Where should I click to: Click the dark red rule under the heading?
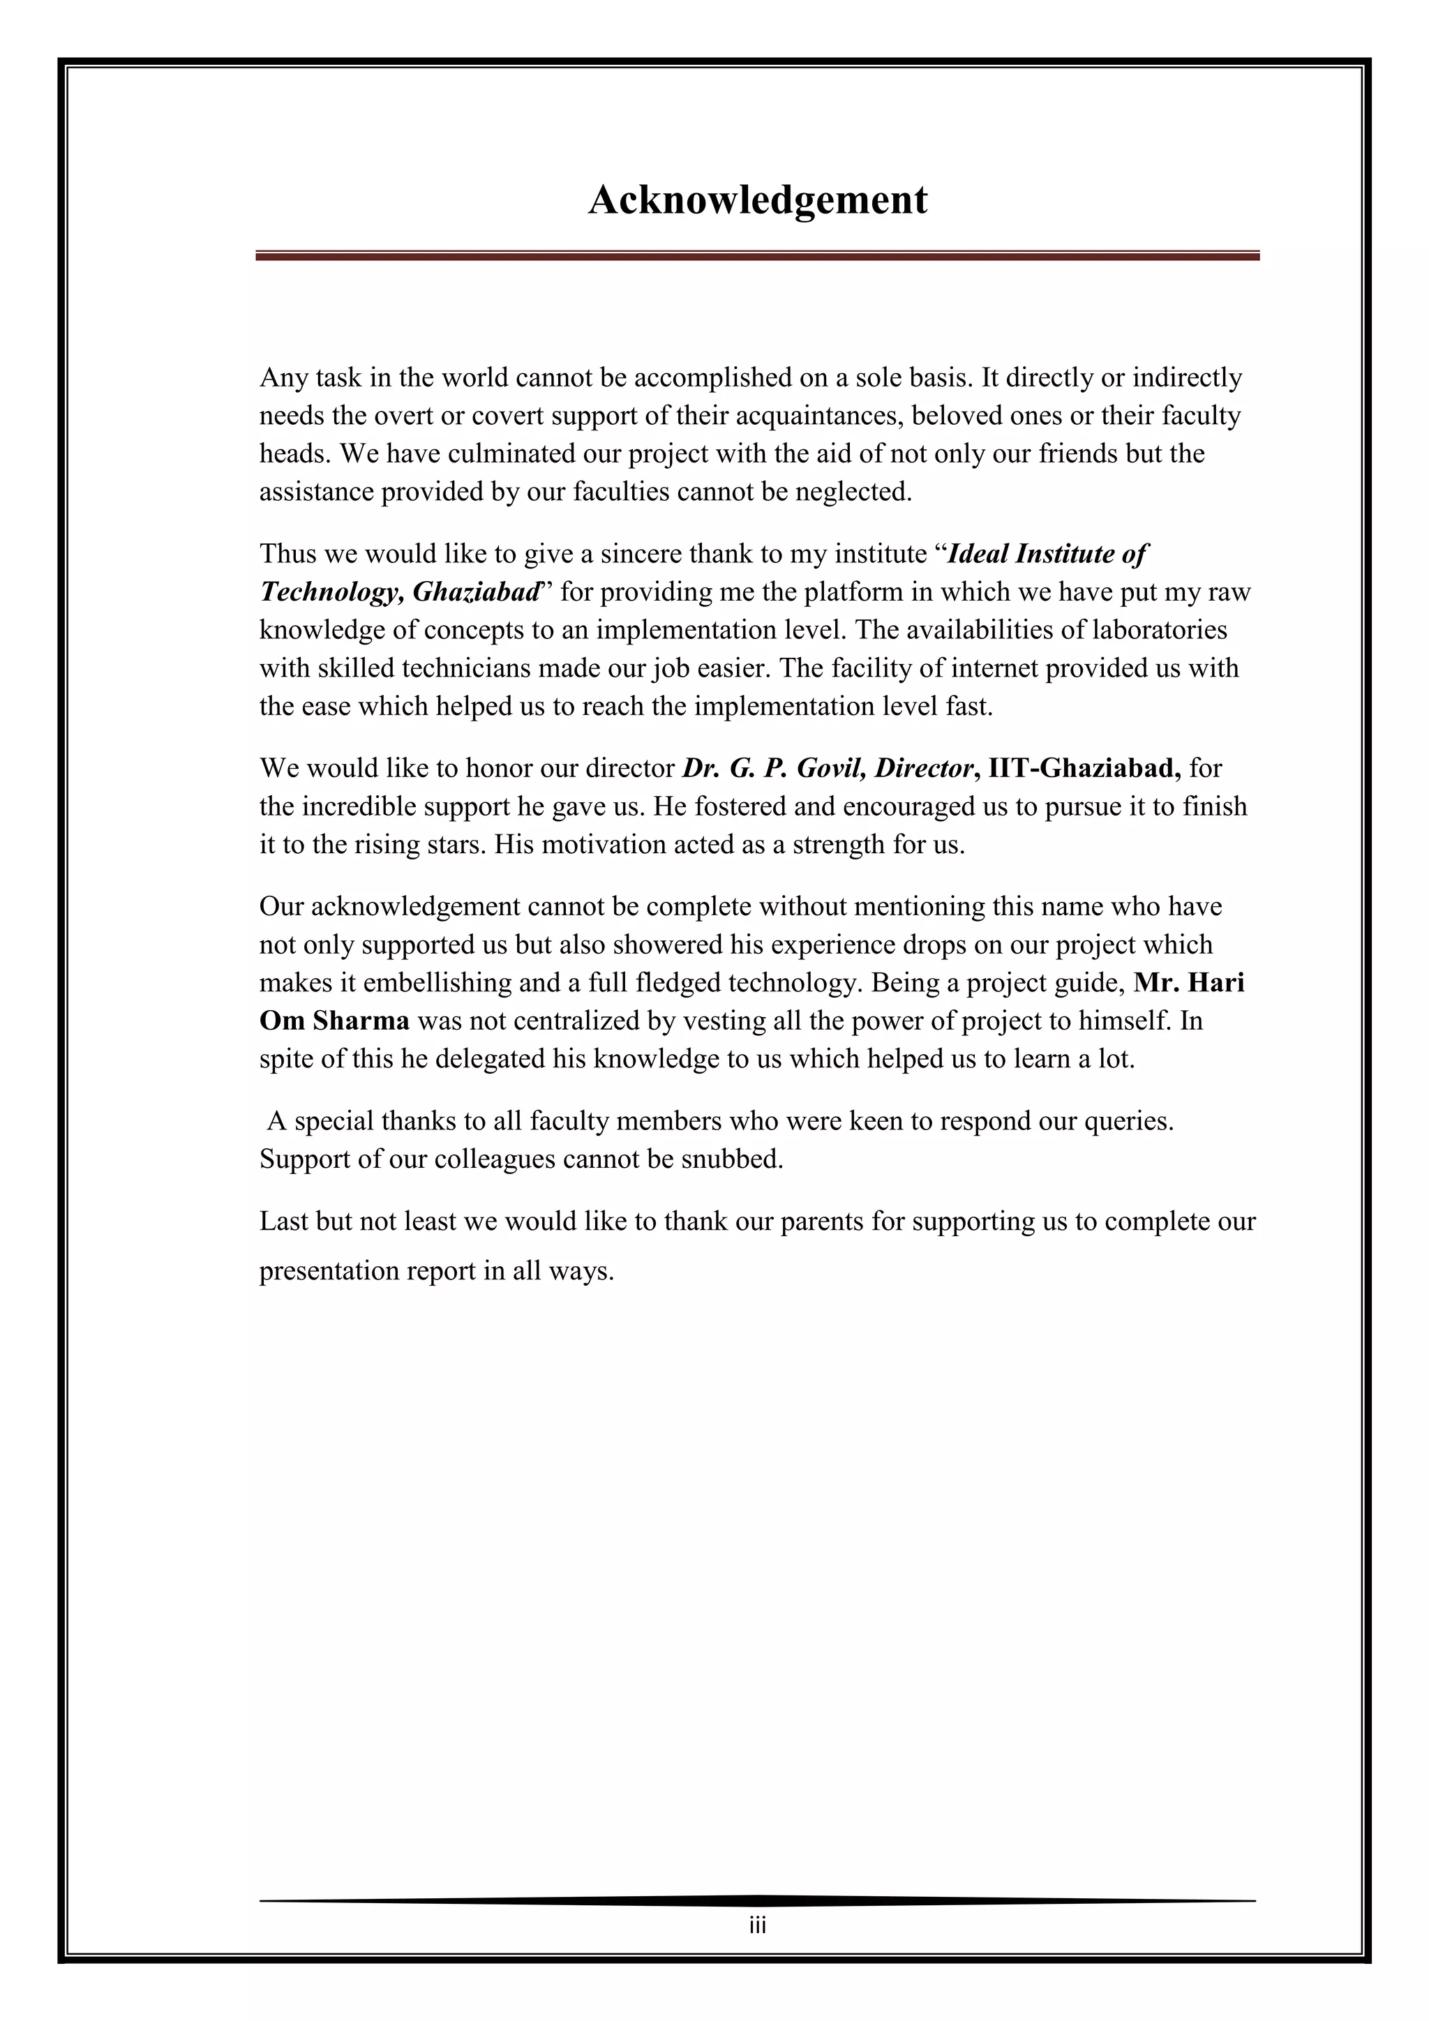click(757, 256)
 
